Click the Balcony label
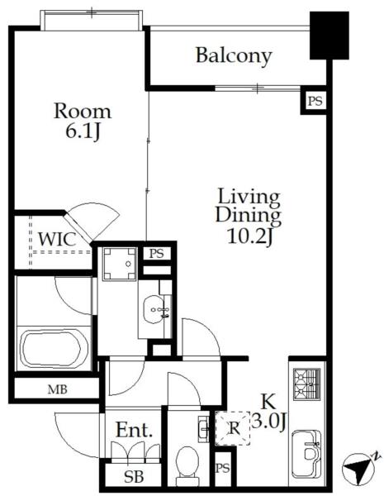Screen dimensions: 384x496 click(234, 56)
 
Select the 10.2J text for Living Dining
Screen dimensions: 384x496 click(249, 236)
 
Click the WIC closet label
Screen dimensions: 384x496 click(57, 239)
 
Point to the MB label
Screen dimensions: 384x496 click(57, 389)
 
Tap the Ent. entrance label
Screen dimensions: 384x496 click(134, 430)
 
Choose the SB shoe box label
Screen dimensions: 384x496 click(134, 476)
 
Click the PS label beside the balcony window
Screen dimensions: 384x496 click(315, 101)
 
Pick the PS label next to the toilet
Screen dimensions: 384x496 click(223, 468)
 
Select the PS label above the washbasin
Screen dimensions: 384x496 click(156, 254)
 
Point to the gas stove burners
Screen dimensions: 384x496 click(306, 384)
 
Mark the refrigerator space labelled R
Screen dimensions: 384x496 click(233, 428)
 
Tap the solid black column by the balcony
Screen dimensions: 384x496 click(329, 36)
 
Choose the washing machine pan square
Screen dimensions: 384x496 click(120, 264)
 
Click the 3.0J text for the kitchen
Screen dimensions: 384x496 click(269, 422)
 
